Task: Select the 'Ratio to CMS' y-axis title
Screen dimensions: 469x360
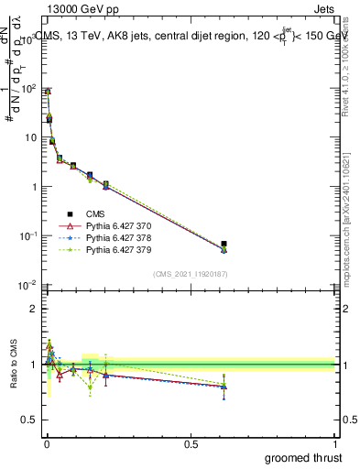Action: pos(12,365)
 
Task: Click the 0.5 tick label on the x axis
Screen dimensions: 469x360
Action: pos(191,443)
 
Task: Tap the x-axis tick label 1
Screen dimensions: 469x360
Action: pos(335,443)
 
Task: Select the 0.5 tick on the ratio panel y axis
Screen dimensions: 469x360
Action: pos(28,420)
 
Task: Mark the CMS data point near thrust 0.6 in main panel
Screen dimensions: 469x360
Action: pos(224,245)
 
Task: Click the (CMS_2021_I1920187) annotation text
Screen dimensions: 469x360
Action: pos(190,274)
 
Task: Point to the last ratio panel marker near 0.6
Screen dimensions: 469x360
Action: pos(224,386)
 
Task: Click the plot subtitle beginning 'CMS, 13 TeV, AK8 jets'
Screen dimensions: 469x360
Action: pos(188,36)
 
